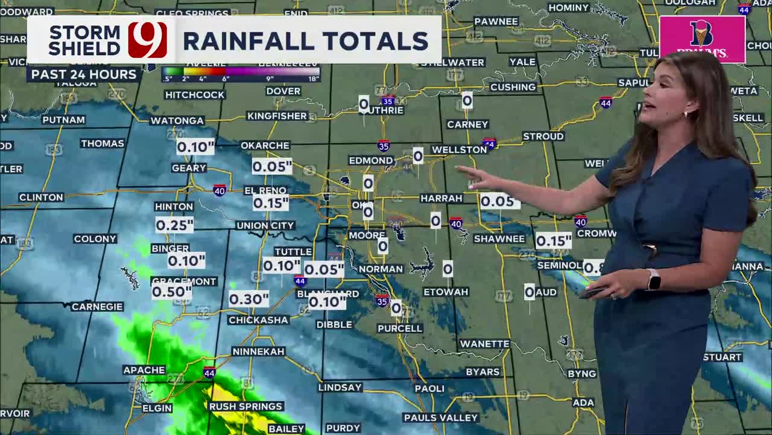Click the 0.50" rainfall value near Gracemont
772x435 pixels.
[x=172, y=292]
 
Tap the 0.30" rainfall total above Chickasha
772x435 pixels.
[x=248, y=299]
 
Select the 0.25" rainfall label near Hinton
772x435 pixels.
[x=174, y=225]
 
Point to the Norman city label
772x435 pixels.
[x=381, y=269]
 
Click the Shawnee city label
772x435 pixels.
[x=499, y=239]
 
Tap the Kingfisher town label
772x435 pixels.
[x=277, y=116]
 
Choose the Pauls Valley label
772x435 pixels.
[x=440, y=417]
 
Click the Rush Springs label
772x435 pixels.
[x=245, y=407]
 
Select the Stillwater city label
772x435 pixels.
[x=452, y=63]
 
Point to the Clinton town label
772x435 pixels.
[x=41, y=198]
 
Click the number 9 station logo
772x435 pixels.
[x=147, y=40]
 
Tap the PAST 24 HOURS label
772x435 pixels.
[x=84, y=74]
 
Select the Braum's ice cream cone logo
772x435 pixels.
[x=701, y=34]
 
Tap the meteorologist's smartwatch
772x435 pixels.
[x=653, y=279]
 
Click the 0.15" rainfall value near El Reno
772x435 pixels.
[x=270, y=204]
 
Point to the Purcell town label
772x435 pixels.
[x=400, y=329]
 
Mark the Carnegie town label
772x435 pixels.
[x=97, y=307]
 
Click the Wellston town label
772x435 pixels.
[x=460, y=150]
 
